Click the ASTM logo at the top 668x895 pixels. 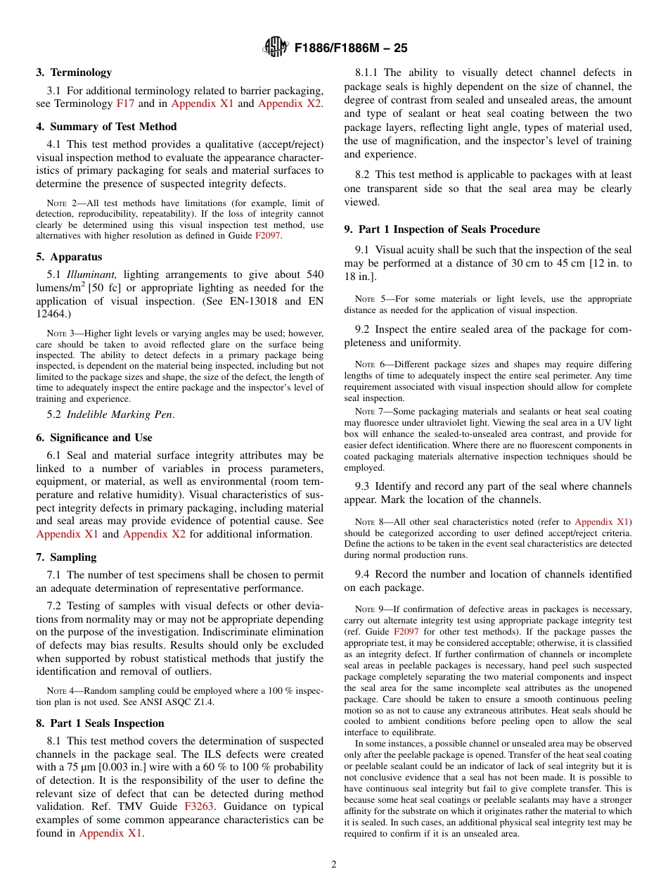[x=275, y=47]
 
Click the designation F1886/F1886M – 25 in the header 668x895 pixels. [x=351, y=48]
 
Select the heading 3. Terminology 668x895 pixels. [x=74, y=72]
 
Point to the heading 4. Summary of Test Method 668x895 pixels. [x=106, y=127]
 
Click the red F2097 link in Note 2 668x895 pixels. [x=267, y=236]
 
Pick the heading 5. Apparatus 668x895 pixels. [x=69, y=257]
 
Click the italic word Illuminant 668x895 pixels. [x=91, y=274]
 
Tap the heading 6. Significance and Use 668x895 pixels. [x=94, y=437]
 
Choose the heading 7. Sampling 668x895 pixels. [x=66, y=557]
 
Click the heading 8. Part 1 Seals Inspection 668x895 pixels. [x=100, y=723]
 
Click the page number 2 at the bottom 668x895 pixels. [x=334, y=865]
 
